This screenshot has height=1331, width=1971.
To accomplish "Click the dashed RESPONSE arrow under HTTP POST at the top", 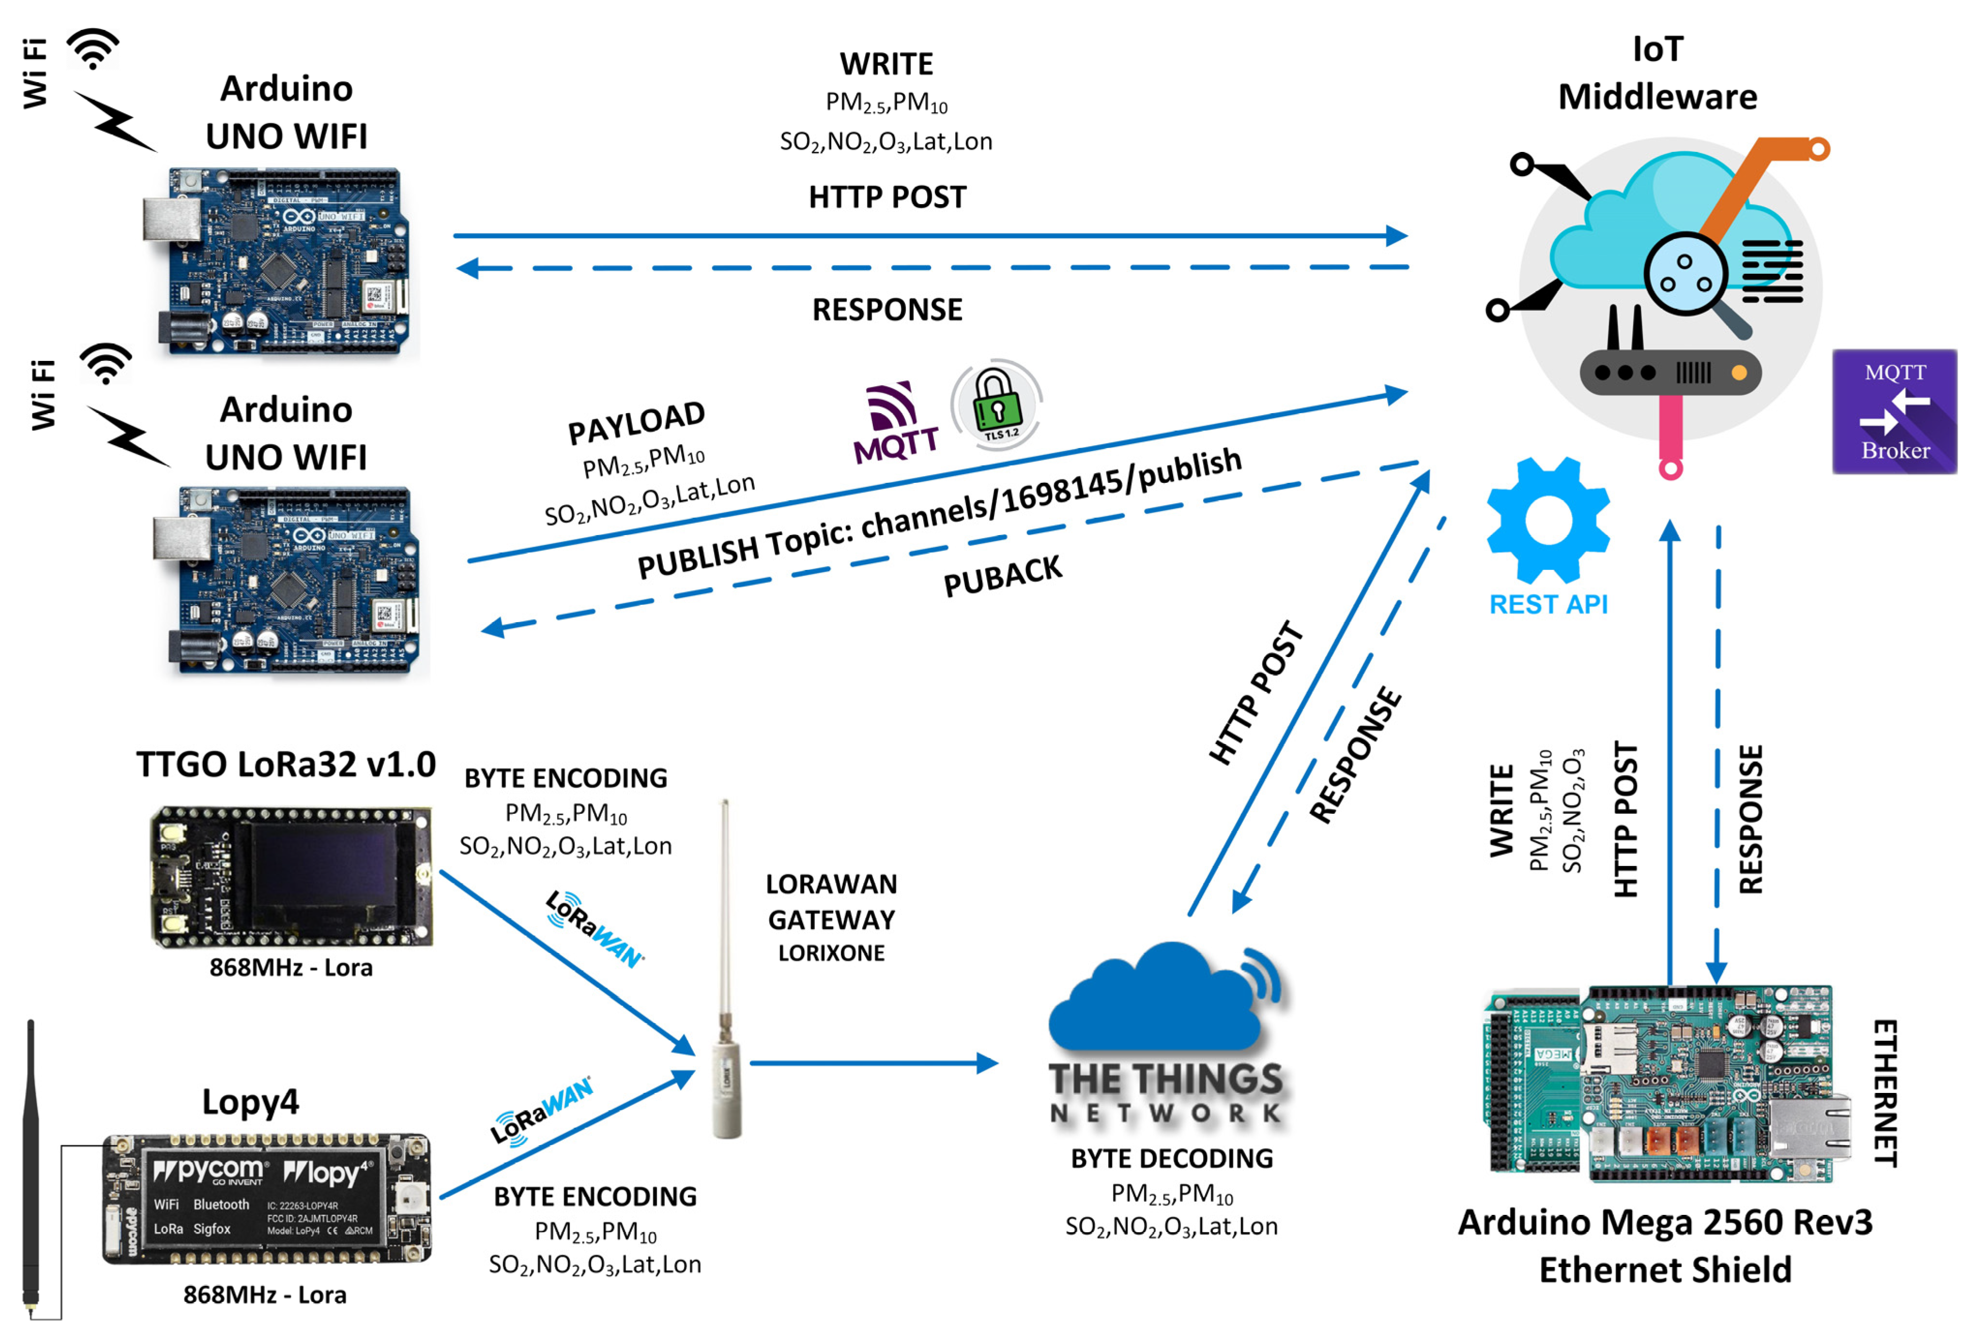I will click(x=933, y=268).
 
